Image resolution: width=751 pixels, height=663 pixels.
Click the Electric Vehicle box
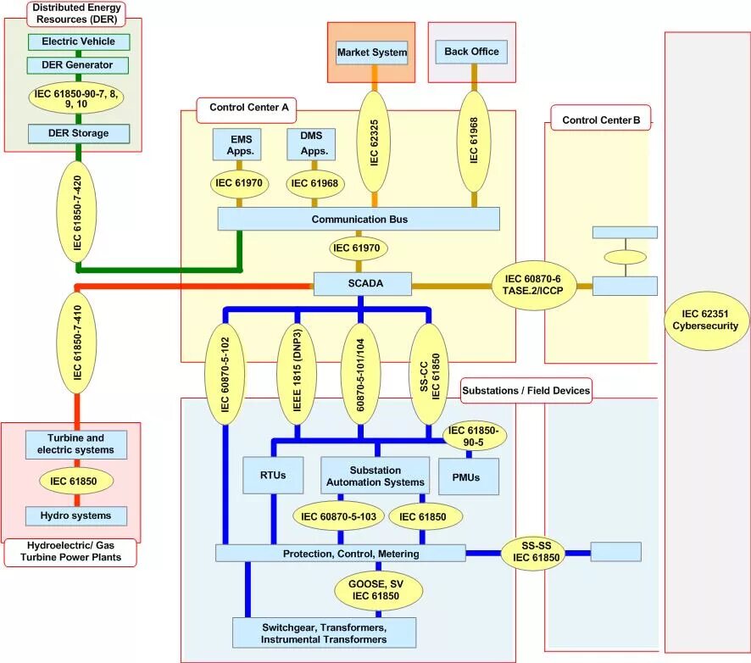pos(79,42)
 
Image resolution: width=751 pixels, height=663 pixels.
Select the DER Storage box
pos(79,134)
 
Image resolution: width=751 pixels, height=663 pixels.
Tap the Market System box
pos(371,53)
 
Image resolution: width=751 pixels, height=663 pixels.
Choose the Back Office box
pos(471,52)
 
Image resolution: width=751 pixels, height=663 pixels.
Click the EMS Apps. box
pos(237,144)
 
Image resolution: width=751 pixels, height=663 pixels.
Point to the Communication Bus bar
pos(359,219)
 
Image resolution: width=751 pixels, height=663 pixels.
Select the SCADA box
pos(363,283)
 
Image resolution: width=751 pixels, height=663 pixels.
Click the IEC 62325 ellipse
pos(374,142)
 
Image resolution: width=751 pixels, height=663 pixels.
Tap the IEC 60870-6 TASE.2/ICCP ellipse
pos(533,285)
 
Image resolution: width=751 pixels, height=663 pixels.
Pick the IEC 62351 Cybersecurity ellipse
pos(706,320)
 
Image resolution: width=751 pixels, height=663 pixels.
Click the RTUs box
pos(273,476)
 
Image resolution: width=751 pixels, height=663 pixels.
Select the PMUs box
pos(469,476)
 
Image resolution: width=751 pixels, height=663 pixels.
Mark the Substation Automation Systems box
pos(375,476)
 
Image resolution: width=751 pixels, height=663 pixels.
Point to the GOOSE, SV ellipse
pos(378,590)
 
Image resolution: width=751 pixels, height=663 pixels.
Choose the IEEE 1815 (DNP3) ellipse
pos(297,374)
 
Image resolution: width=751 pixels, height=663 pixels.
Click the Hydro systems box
pos(76,516)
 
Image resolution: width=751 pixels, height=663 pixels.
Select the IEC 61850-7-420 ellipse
pos(76,212)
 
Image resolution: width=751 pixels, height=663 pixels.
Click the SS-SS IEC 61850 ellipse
pos(536,552)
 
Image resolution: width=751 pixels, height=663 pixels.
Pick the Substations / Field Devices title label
pos(526,390)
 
